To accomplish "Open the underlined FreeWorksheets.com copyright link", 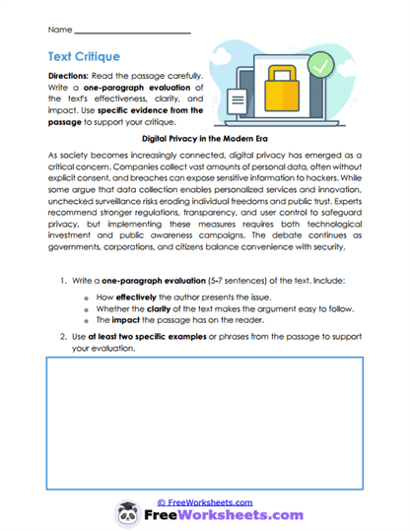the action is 204,502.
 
